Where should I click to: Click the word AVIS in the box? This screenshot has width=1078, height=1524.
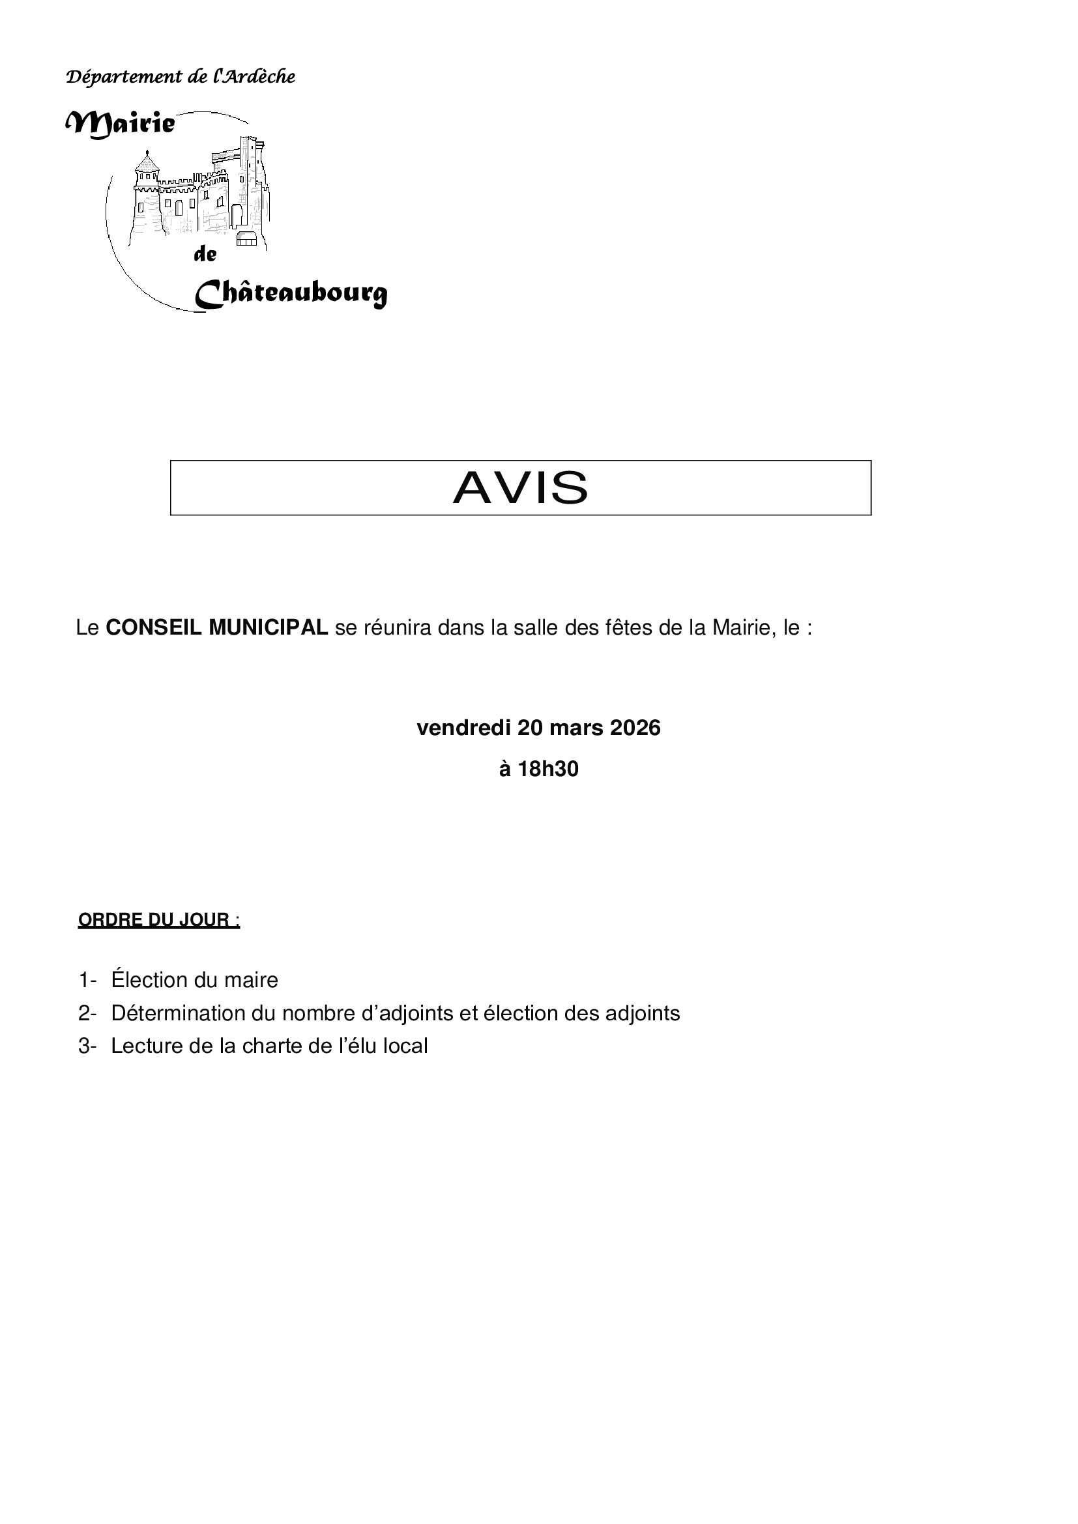520,488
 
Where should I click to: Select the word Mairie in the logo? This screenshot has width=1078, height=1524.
121,123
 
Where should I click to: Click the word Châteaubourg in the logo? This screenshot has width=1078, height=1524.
291,293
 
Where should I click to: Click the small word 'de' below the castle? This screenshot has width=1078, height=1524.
205,254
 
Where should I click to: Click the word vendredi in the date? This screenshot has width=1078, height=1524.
463,728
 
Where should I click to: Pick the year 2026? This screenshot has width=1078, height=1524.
635,728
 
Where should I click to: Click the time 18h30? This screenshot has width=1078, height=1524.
547,769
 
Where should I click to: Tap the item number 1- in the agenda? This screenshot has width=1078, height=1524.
87,980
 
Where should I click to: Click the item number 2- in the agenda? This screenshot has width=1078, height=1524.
87,1013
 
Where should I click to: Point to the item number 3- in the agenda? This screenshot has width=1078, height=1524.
87,1046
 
